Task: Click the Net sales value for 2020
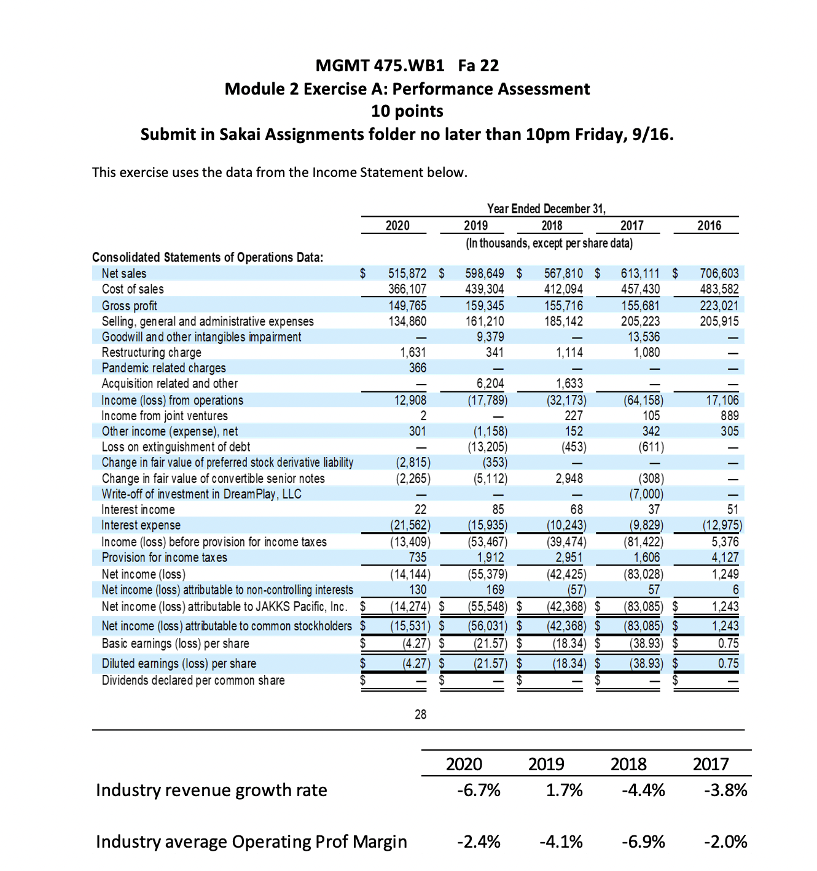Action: pos(407,273)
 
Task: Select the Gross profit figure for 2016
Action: pos(719,305)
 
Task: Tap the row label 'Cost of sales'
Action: pos(133,289)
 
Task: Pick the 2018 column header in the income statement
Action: pos(552,225)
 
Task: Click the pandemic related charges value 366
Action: pos(418,367)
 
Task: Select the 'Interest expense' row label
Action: pos(141,525)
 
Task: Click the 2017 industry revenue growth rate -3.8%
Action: pos(725,790)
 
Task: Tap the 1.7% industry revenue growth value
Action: pos(564,790)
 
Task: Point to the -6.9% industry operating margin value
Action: pos(643,842)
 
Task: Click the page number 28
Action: pos(420,714)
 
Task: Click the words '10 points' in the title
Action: pos(407,111)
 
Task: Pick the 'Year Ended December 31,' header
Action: pos(546,209)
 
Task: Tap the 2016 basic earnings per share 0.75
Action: pos(728,643)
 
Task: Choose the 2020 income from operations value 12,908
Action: pos(410,400)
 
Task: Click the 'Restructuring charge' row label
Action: pos(151,352)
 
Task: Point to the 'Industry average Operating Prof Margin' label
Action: pos(251,842)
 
